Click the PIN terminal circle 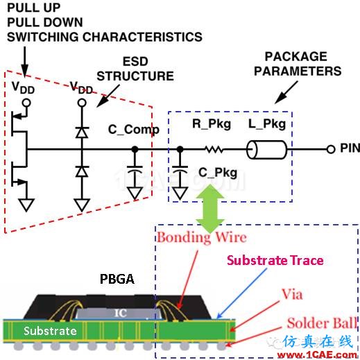click(x=331, y=149)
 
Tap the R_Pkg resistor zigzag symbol click(x=214, y=149)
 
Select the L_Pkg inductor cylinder click(x=266, y=150)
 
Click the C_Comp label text click(x=134, y=130)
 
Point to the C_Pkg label click(x=218, y=173)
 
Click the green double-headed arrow click(x=210, y=209)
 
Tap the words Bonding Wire click(x=202, y=237)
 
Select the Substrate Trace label click(x=275, y=260)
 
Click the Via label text click(x=292, y=294)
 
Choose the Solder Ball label click(x=322, y=323)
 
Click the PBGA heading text click(x=117, y=279)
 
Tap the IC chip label click(x=121, y=314)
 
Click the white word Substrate click(x=50, y=331)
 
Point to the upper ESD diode click(x=82, y=132)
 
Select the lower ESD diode click(x=82, y=171)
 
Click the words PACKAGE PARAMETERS click(x=298, y=64)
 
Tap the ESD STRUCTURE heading click(x=135, y=69)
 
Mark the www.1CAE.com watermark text click(x=317, y=354)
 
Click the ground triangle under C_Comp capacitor click(x=135, y=193)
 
